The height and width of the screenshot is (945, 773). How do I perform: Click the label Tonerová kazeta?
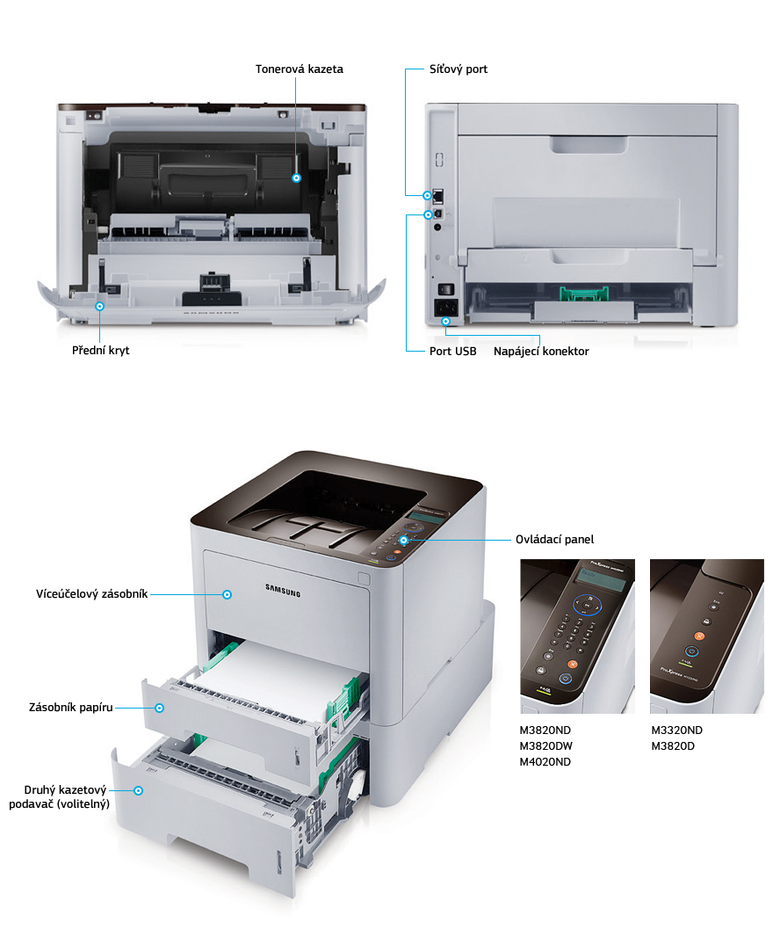pos(300,69)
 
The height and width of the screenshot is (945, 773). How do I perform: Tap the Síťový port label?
pos(459,69)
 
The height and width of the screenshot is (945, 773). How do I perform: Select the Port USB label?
pos(452,352)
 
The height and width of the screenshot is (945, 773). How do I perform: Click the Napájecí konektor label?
pos(541,352)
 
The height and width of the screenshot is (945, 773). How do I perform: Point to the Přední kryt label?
pos(100,350)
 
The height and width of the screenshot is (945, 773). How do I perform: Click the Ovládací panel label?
pos(554,540)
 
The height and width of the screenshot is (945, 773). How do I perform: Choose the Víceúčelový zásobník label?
pos(91,594)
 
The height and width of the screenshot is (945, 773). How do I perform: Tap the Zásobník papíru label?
pos(71,708)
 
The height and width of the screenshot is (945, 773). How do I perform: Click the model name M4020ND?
pos(545,762)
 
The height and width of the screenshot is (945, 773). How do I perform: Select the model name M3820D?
pos(673,746)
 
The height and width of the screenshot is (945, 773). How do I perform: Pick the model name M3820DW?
pos(546,746)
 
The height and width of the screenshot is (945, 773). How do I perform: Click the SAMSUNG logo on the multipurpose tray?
pos(283,591)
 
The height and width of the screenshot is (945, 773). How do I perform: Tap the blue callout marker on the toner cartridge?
pos(296,178)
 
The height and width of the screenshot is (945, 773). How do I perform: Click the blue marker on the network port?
pos(428,195)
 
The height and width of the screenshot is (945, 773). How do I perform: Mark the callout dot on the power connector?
pos(445,321)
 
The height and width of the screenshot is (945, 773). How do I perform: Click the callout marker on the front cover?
pos(100,306)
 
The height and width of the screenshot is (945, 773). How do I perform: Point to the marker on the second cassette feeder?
pos(139,790)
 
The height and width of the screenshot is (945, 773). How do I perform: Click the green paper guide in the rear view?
pos(584,294)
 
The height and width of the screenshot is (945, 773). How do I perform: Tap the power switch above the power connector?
pos(445,289)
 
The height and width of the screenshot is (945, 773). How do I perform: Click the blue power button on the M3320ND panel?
pos(691,651)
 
